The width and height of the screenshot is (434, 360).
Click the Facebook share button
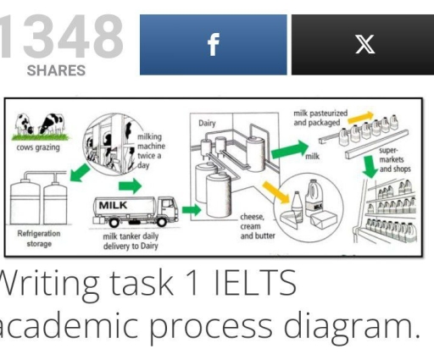(x=212, y=45)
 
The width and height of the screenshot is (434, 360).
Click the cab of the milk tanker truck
(x=166, y=206)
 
